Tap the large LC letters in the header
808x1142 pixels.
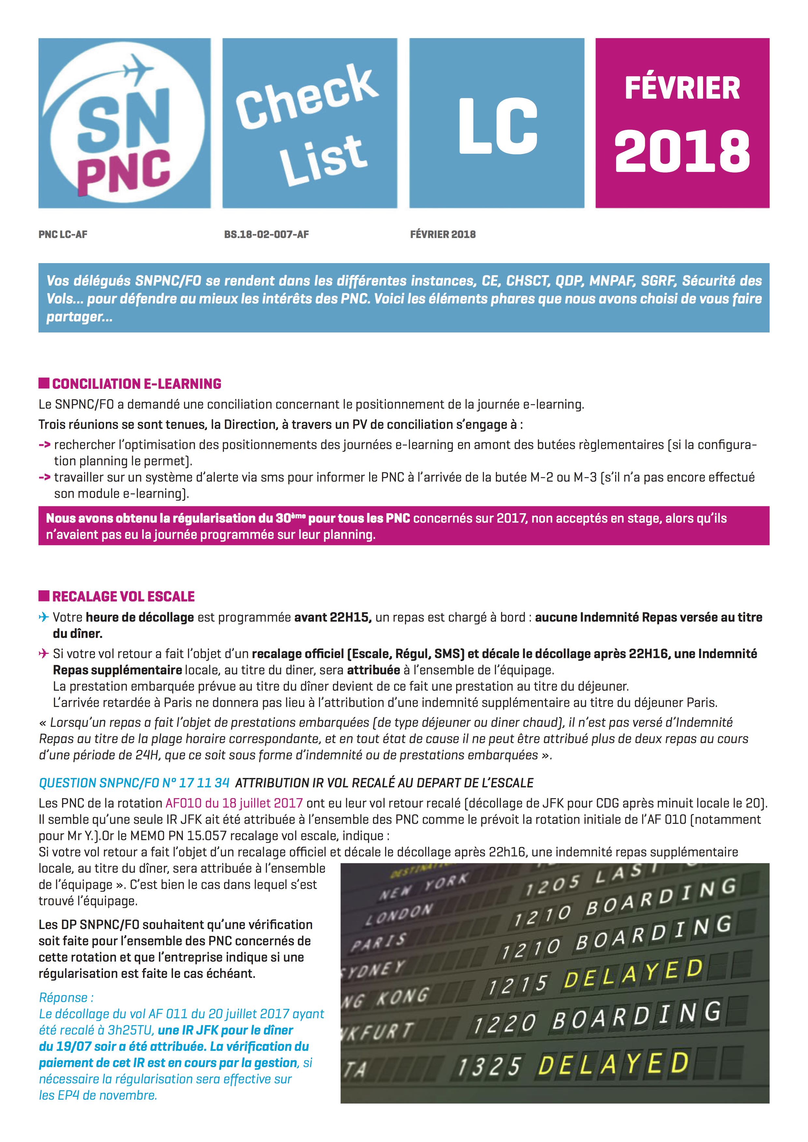(x=497, y=125)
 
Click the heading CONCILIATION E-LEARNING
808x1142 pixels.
(x=137, y=384)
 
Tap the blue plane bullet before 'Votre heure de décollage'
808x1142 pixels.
(x=44, y=617)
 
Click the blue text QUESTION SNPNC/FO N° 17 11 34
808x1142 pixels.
(x=134, y=783)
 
